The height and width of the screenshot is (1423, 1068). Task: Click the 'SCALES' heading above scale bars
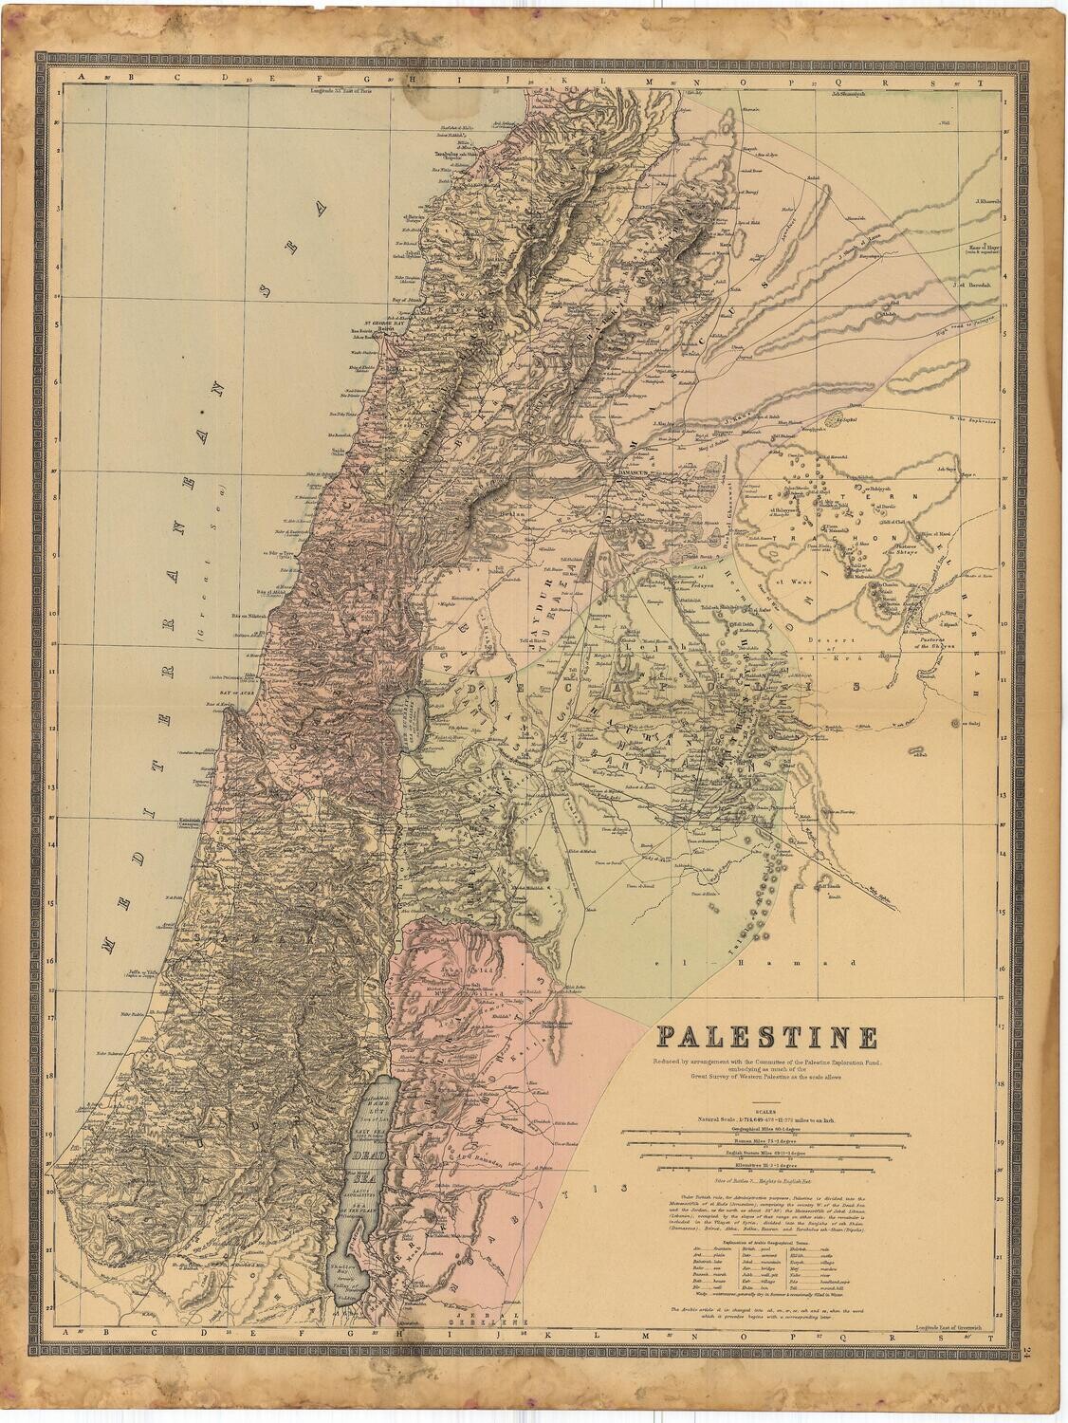coord(765,1111)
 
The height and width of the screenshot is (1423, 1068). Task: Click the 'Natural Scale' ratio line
coord(765,1120)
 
